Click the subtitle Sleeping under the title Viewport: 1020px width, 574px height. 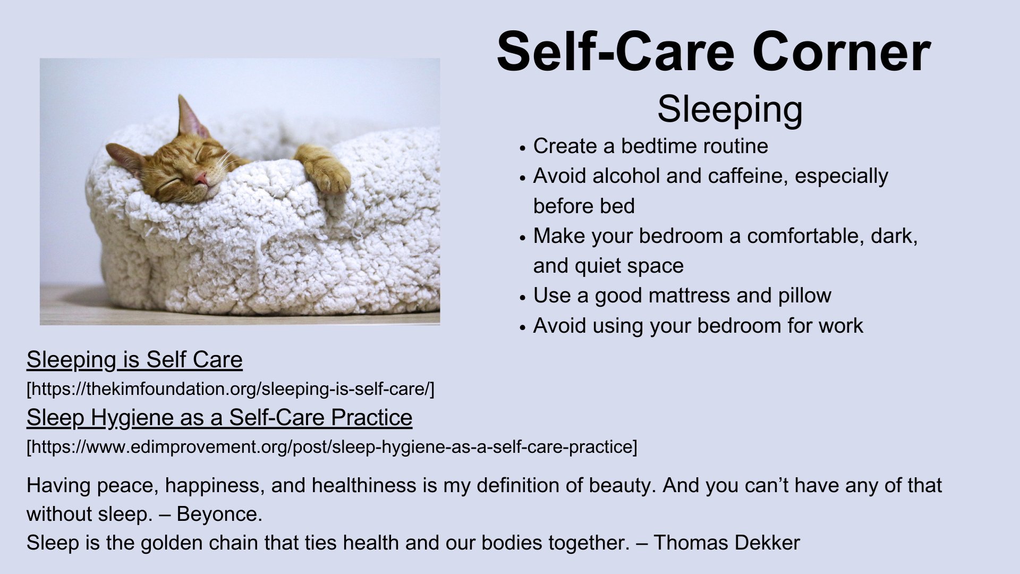[x=730, y=110]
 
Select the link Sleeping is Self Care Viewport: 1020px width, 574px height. [x=134, y=360]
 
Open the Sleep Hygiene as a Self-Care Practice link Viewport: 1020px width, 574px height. [x=219, y=418]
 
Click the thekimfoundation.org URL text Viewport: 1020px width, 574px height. [x=231, y=389]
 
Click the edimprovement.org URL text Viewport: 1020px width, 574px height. [x=332, y=447]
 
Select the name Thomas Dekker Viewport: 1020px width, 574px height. [x=727, y=543]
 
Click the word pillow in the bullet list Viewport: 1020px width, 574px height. [x=805, y=296]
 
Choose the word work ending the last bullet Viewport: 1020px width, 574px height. [x=841, y=325]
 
